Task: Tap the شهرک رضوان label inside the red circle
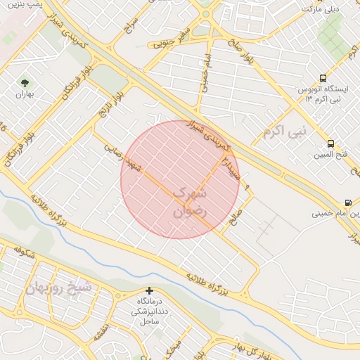point(188,200)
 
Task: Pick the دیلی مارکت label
point(320,8)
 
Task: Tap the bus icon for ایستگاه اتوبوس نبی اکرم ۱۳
point(323,79)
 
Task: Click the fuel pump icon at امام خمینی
point(348,202)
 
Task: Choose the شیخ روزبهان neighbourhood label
point(60,287)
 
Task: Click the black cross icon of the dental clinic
point(149,290)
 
